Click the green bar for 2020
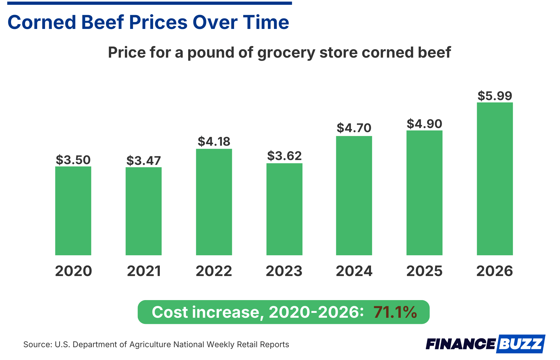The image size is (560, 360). coord(73,211)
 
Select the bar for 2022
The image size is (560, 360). coord(214,202)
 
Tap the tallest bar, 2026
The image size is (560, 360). coord(494,179)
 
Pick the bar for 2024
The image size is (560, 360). coord(354,195)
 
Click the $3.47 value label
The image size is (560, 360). coord(143,161)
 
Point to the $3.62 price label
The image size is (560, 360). coord(284,156)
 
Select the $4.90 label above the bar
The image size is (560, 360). coord(424,124)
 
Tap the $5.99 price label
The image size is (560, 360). coord(494,96)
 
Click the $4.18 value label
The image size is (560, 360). coord(214,142)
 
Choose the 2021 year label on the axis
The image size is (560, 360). coord(144,271)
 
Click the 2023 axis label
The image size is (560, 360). coord(284,271)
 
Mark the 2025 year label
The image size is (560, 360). coord(424,271)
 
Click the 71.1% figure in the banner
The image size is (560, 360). coord(395,312)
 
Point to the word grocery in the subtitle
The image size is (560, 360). coord(286,52)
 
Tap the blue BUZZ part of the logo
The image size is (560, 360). coord(521,344)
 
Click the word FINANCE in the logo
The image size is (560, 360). coord(460,344)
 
